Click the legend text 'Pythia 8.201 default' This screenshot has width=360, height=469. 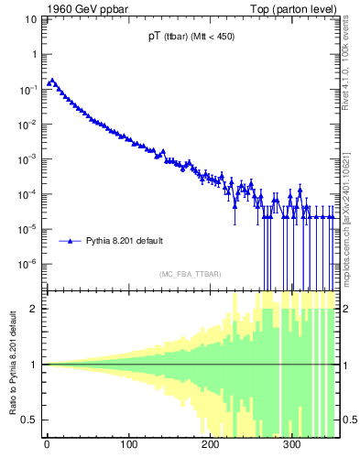pyautogui.click(x=125, y=241)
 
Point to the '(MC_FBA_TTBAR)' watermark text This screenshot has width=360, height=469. pyautogui.click(x=191, y=274)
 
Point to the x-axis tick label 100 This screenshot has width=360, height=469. pyautogui.click(x=128, y=446)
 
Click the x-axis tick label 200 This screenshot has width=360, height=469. pyautogui.click(x=211, y=446)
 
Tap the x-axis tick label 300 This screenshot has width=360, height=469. pyautogui.click(x=292, y=446)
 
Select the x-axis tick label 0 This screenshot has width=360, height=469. pyautogui.click(x=47, y=446)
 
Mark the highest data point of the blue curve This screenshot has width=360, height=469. pyautogui.click(x=52, y=81)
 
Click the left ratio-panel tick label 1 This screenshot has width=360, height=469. pyautogui.click(x=34, y=365)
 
